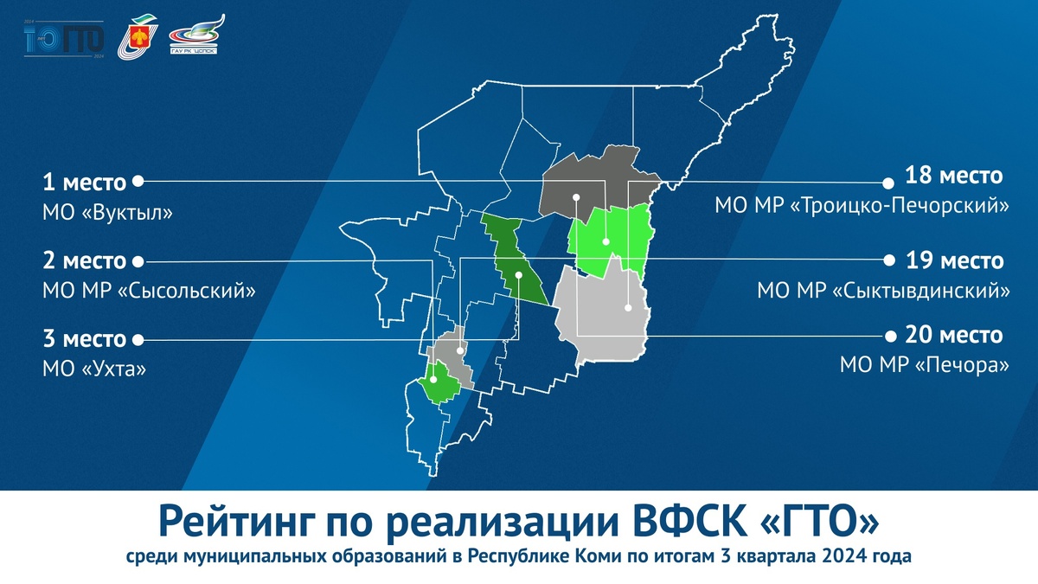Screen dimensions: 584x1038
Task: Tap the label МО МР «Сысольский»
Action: coord(149,291)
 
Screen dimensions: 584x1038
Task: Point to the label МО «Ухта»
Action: coord(94,369)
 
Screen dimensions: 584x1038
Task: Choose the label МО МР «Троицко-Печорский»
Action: coord(862,207)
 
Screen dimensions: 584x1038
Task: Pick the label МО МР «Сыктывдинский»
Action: coord(883,290)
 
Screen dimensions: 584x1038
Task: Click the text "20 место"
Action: coord(953,336)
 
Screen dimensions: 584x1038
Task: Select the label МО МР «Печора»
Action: coord(924,366)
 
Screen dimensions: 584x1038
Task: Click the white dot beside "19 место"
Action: coord(887,260)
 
